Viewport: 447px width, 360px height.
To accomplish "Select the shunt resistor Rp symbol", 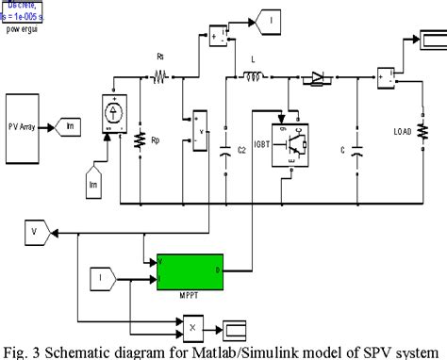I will coord(141,139).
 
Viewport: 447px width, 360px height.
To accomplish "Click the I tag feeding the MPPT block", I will coord(101,277).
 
